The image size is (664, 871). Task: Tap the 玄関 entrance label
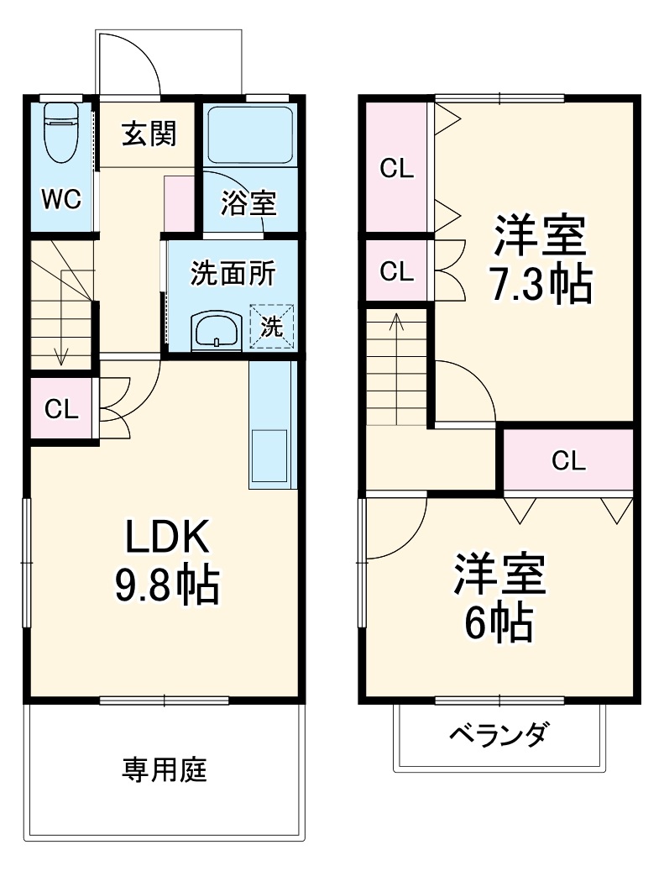(149, 134)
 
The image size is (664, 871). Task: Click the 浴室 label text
(248, 202)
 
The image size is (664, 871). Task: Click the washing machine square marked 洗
(272, 326)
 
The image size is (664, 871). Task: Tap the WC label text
(61, 200)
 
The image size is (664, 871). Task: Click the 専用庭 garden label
(165, 769)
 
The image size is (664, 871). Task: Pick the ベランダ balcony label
(499, 735)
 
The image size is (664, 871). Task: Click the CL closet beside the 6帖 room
(567, 459)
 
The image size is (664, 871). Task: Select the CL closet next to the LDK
(61, 409)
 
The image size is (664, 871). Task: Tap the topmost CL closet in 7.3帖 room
(397, 168)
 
